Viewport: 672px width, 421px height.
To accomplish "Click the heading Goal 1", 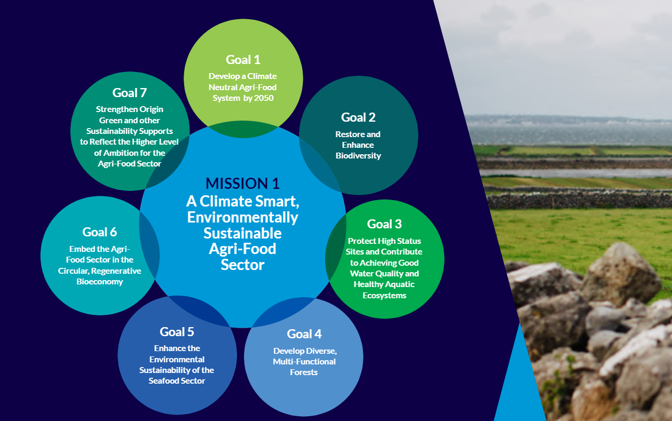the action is pyautogui.click(x=243, y=60).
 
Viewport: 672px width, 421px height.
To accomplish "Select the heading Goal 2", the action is pyautogui.click(x=358, y=117).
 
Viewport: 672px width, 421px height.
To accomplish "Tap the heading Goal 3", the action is pyautogui.click(x=384, y=224).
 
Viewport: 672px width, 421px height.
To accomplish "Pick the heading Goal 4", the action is pyautogui.click(x=304, y=333).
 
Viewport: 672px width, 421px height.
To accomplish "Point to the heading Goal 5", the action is pyautogui.click(x=177, y=332).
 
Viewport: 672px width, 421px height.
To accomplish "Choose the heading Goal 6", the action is pyautogui.click(x=100, y=232).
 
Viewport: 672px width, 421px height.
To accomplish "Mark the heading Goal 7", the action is pyautogui.click(x=130, y=93).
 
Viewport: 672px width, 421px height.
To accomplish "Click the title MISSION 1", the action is pyautogui.click(x=242, y=183).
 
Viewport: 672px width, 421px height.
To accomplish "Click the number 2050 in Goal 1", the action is pyautogui.click(x=264, y=98).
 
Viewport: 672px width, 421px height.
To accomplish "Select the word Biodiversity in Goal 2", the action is pyautogui.click(x=358, y=156).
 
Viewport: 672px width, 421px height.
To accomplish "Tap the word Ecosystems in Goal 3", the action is pyautogui.click(x=384, y=296).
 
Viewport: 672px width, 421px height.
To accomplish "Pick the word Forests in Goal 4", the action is pyautogui.click(x=304, y=372).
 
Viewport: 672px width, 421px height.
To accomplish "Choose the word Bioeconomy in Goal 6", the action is pyautogui.click(x=100, y=282).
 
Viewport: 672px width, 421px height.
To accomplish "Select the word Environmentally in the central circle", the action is pyautogui.click(x=242, y=217).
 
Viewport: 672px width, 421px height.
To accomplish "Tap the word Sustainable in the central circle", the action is pyautogui.click(x=242, y=233).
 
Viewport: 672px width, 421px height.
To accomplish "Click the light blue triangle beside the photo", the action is pyautogui.click(x=520, y=387).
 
